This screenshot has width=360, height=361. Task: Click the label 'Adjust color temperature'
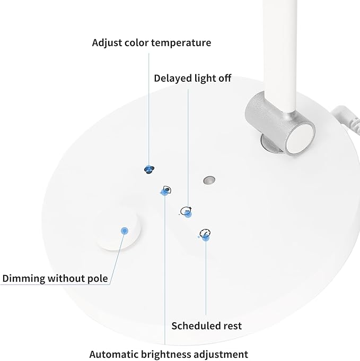tap(152, 43)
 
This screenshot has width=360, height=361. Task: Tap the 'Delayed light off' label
tap(192, 78)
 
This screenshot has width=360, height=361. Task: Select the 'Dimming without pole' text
tap(55, 279)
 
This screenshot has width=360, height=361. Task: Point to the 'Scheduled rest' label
tap(206, 326)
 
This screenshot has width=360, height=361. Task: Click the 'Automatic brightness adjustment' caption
tap(169, 354)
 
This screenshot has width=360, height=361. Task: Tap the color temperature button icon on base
tap(149, 169)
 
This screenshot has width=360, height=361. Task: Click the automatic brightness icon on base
tap(166, 191)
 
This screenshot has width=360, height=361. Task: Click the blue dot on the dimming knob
tap(125, 231)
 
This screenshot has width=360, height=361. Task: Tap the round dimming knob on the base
tap(118, 233)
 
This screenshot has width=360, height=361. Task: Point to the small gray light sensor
tap(209, 180)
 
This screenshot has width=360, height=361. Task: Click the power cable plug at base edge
tap(346, 118)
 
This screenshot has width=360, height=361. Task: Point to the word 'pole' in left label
tap(98, 279)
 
